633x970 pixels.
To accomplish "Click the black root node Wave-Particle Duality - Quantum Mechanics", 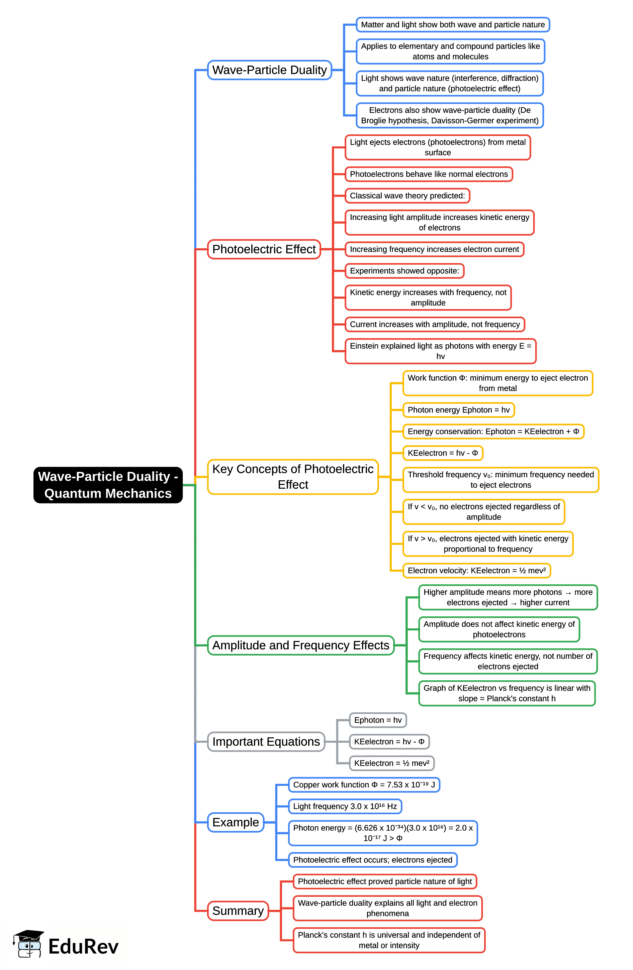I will tap(108, 485).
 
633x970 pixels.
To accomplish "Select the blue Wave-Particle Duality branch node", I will tap(269, 70).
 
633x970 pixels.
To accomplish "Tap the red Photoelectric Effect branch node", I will tap(264, 249).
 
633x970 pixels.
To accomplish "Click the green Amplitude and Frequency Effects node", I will tap(300, 645).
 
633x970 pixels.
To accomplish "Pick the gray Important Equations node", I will tap(266, 741).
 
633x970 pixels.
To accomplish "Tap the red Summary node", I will tap(238, 911).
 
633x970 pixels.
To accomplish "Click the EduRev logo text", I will tap(83, 946).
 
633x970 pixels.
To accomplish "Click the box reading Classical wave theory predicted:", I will tap(407, 196).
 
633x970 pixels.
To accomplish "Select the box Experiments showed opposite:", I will tap(404, 271).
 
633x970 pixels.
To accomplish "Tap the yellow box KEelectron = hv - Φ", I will tap(443, 453).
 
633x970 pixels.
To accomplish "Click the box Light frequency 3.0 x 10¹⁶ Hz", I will tap(345, 806).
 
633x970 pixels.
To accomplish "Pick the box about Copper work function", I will tap(364, 784).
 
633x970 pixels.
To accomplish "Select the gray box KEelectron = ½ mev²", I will tap(391, 763).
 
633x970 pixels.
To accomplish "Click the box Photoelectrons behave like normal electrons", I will tap(429, 174).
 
